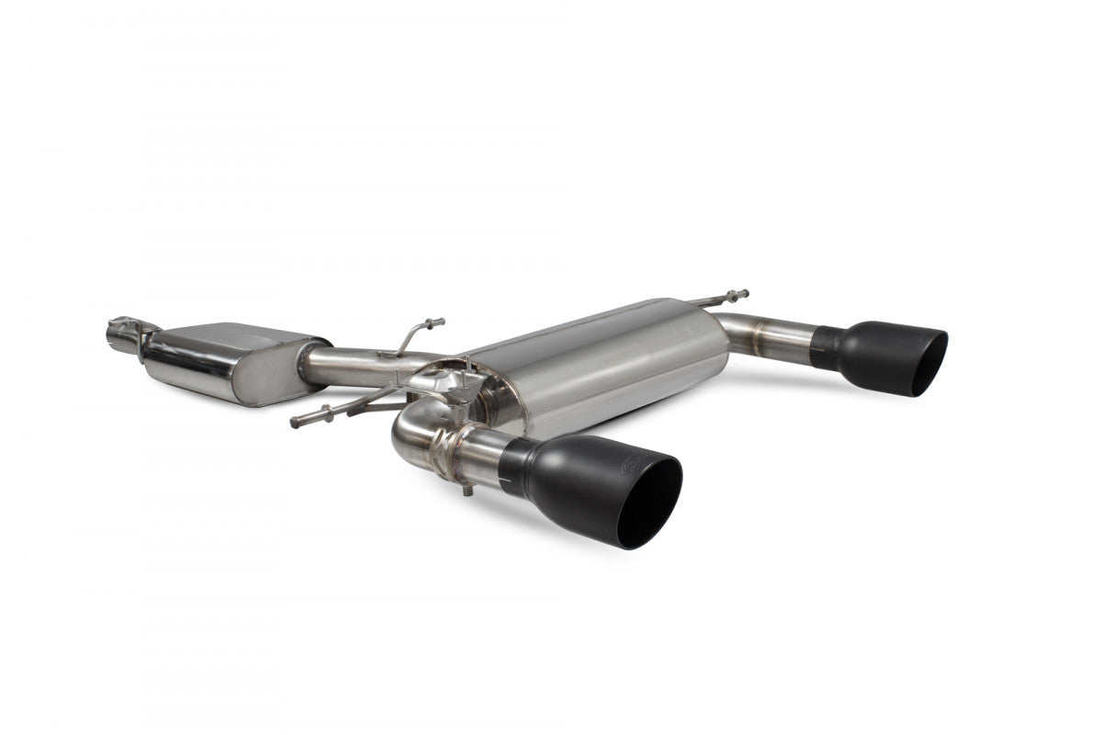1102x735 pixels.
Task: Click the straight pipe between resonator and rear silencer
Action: click(354, 366)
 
